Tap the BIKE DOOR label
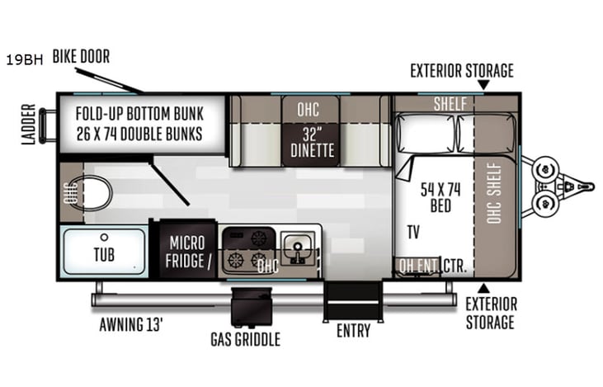81,57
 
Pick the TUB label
103,252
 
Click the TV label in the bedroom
412,233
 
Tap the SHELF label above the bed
450,103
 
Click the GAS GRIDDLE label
246,339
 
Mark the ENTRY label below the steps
353,332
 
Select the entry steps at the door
353,301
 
